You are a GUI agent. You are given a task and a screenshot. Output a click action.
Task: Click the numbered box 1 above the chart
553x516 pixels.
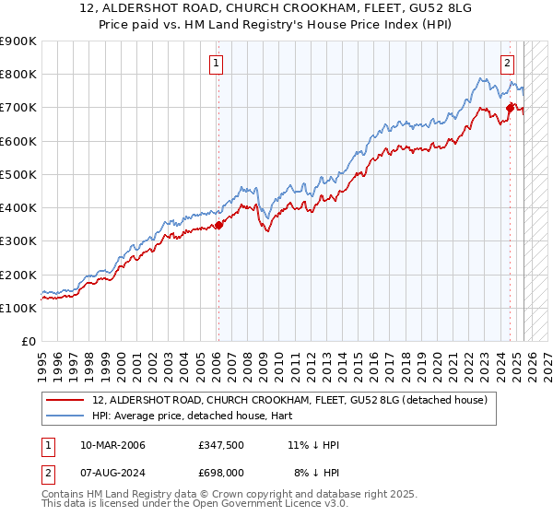pyautogui.click(x=216, y=64)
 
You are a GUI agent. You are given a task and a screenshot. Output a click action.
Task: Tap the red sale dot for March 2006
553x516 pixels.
pyautogui.click(x=218, y=225)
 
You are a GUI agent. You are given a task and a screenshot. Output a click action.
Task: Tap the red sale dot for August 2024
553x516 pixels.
pyautogui.click(x=509, y=108)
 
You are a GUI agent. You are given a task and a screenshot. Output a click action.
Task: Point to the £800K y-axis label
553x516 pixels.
pyautogui.click(x=18, y=75)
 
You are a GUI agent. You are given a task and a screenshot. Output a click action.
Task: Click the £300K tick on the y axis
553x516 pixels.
pyautogui.click(x=18, y=241)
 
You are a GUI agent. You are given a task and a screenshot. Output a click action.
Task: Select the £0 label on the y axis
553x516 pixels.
pyautogui.click(x=28, y=342)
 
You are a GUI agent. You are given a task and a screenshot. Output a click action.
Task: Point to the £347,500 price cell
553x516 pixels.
pyautogui.click(x=221, y=445)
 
